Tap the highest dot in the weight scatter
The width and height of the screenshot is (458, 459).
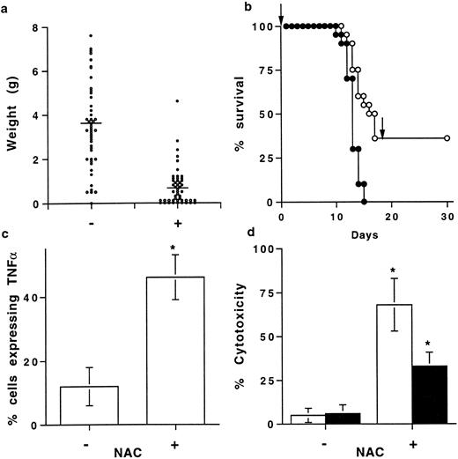92,36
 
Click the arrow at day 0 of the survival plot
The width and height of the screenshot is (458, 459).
280,15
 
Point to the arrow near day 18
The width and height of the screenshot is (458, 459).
382,134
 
